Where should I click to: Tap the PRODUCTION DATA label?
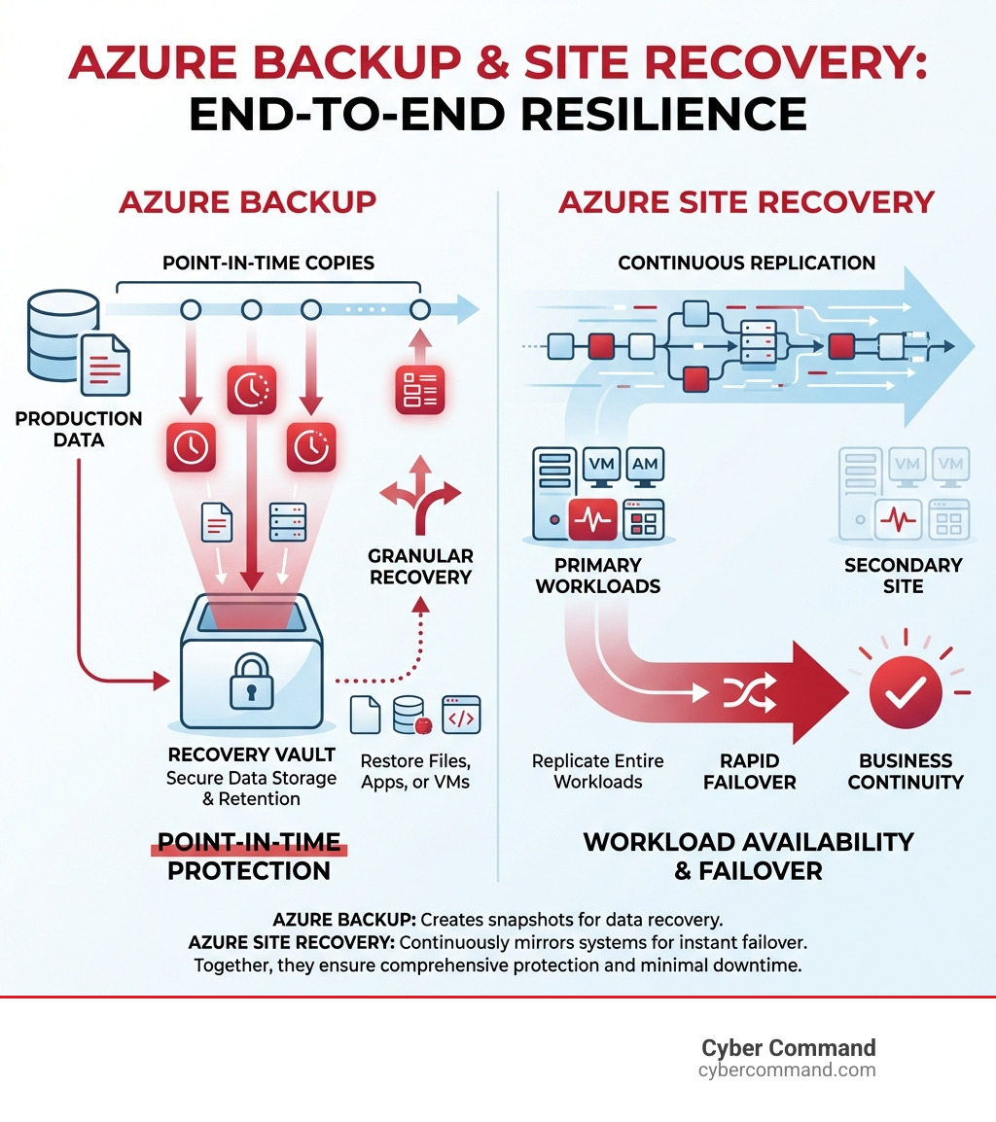[x=79, y=429]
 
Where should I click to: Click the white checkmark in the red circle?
[x=906, y=692]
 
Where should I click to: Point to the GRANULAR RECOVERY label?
[x=420, y=566]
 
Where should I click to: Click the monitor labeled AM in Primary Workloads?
[x=645, y=465]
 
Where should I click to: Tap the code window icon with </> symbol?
[x=461, y=715]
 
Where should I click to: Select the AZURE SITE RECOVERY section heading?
[x=746, y=202]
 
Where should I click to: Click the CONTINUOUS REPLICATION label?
[x=746, y=263]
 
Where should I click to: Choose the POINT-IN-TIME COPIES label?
[x=267, y=263]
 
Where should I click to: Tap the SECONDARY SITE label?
[x=904, y=576]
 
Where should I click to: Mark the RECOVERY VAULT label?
[x=251, y=754]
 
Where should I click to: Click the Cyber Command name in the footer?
[x=788, y=1047]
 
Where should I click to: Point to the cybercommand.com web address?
[x=787, y=1070]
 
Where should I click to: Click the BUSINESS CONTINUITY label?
[x=906, y=771]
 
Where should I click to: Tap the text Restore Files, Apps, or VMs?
[x=414, y=771]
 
